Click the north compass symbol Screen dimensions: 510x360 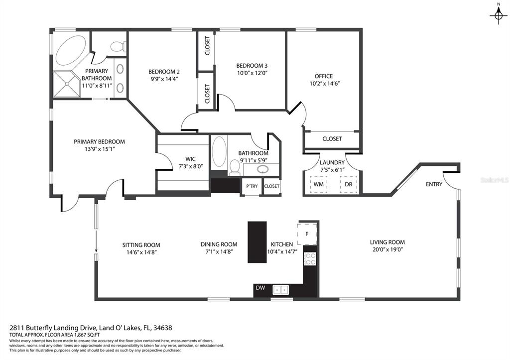click(498, 14)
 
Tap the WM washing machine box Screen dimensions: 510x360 click(318, 184)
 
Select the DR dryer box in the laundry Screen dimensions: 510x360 click(348, 184)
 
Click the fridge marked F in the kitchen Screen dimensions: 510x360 click(307, 234)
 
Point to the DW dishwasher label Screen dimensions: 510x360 click(260, 288)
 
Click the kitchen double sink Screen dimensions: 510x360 click(281, 289)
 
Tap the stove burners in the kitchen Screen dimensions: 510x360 click(310, 258)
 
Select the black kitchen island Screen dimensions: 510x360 click(257, 242)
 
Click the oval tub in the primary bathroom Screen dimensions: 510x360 click(71, 50)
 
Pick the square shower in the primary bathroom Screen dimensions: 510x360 click(67, 84)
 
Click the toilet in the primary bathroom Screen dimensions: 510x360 click(118, 46)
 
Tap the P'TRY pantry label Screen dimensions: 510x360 click(252, 186)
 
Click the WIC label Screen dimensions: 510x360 click(190, 159)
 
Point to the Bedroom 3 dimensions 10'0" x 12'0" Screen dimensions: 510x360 click(252, 73)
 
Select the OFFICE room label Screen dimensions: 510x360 click(324, 76)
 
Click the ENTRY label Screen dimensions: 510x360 click(434, 184)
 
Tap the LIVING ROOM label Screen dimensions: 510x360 click(387, 242)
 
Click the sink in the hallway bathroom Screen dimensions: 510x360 click(263, 169)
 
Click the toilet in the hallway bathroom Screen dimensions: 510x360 click(235, 167)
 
